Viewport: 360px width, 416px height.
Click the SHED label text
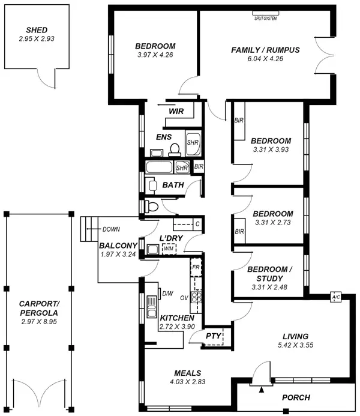click(37, 30)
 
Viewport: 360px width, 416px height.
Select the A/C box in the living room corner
click(335, 297)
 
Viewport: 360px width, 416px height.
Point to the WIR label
click(176, 111)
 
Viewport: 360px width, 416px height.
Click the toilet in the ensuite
click(175, 148)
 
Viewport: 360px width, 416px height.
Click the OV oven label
click(184, 297)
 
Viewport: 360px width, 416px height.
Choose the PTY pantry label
click(213, 337)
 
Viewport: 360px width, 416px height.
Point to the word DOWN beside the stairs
click(112, 229)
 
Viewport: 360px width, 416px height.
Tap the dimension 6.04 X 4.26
click(265, 59)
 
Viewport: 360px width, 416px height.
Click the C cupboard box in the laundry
click(197, 224)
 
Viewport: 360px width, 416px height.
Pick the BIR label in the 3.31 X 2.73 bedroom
click(239, 231)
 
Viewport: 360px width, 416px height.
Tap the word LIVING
click(296, 336)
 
